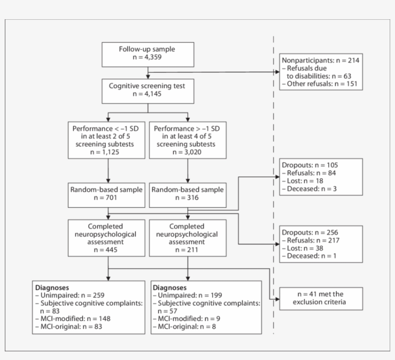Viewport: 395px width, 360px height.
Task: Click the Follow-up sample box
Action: tap(147, 54)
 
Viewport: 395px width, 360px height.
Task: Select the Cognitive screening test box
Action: tap(147, 90)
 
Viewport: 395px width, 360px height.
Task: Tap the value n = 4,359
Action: tap(147, 58)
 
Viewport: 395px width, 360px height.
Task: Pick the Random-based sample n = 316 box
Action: tap(188, 194)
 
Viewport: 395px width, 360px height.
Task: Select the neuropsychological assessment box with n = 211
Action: tap(188, 238)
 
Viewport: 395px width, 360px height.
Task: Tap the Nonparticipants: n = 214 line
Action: tap(320, 61)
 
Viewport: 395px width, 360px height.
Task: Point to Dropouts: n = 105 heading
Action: tap(310, 165)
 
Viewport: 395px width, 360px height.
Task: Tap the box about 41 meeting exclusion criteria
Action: tap(321, 298)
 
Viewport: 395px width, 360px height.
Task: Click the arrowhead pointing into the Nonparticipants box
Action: tap(277, 73)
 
